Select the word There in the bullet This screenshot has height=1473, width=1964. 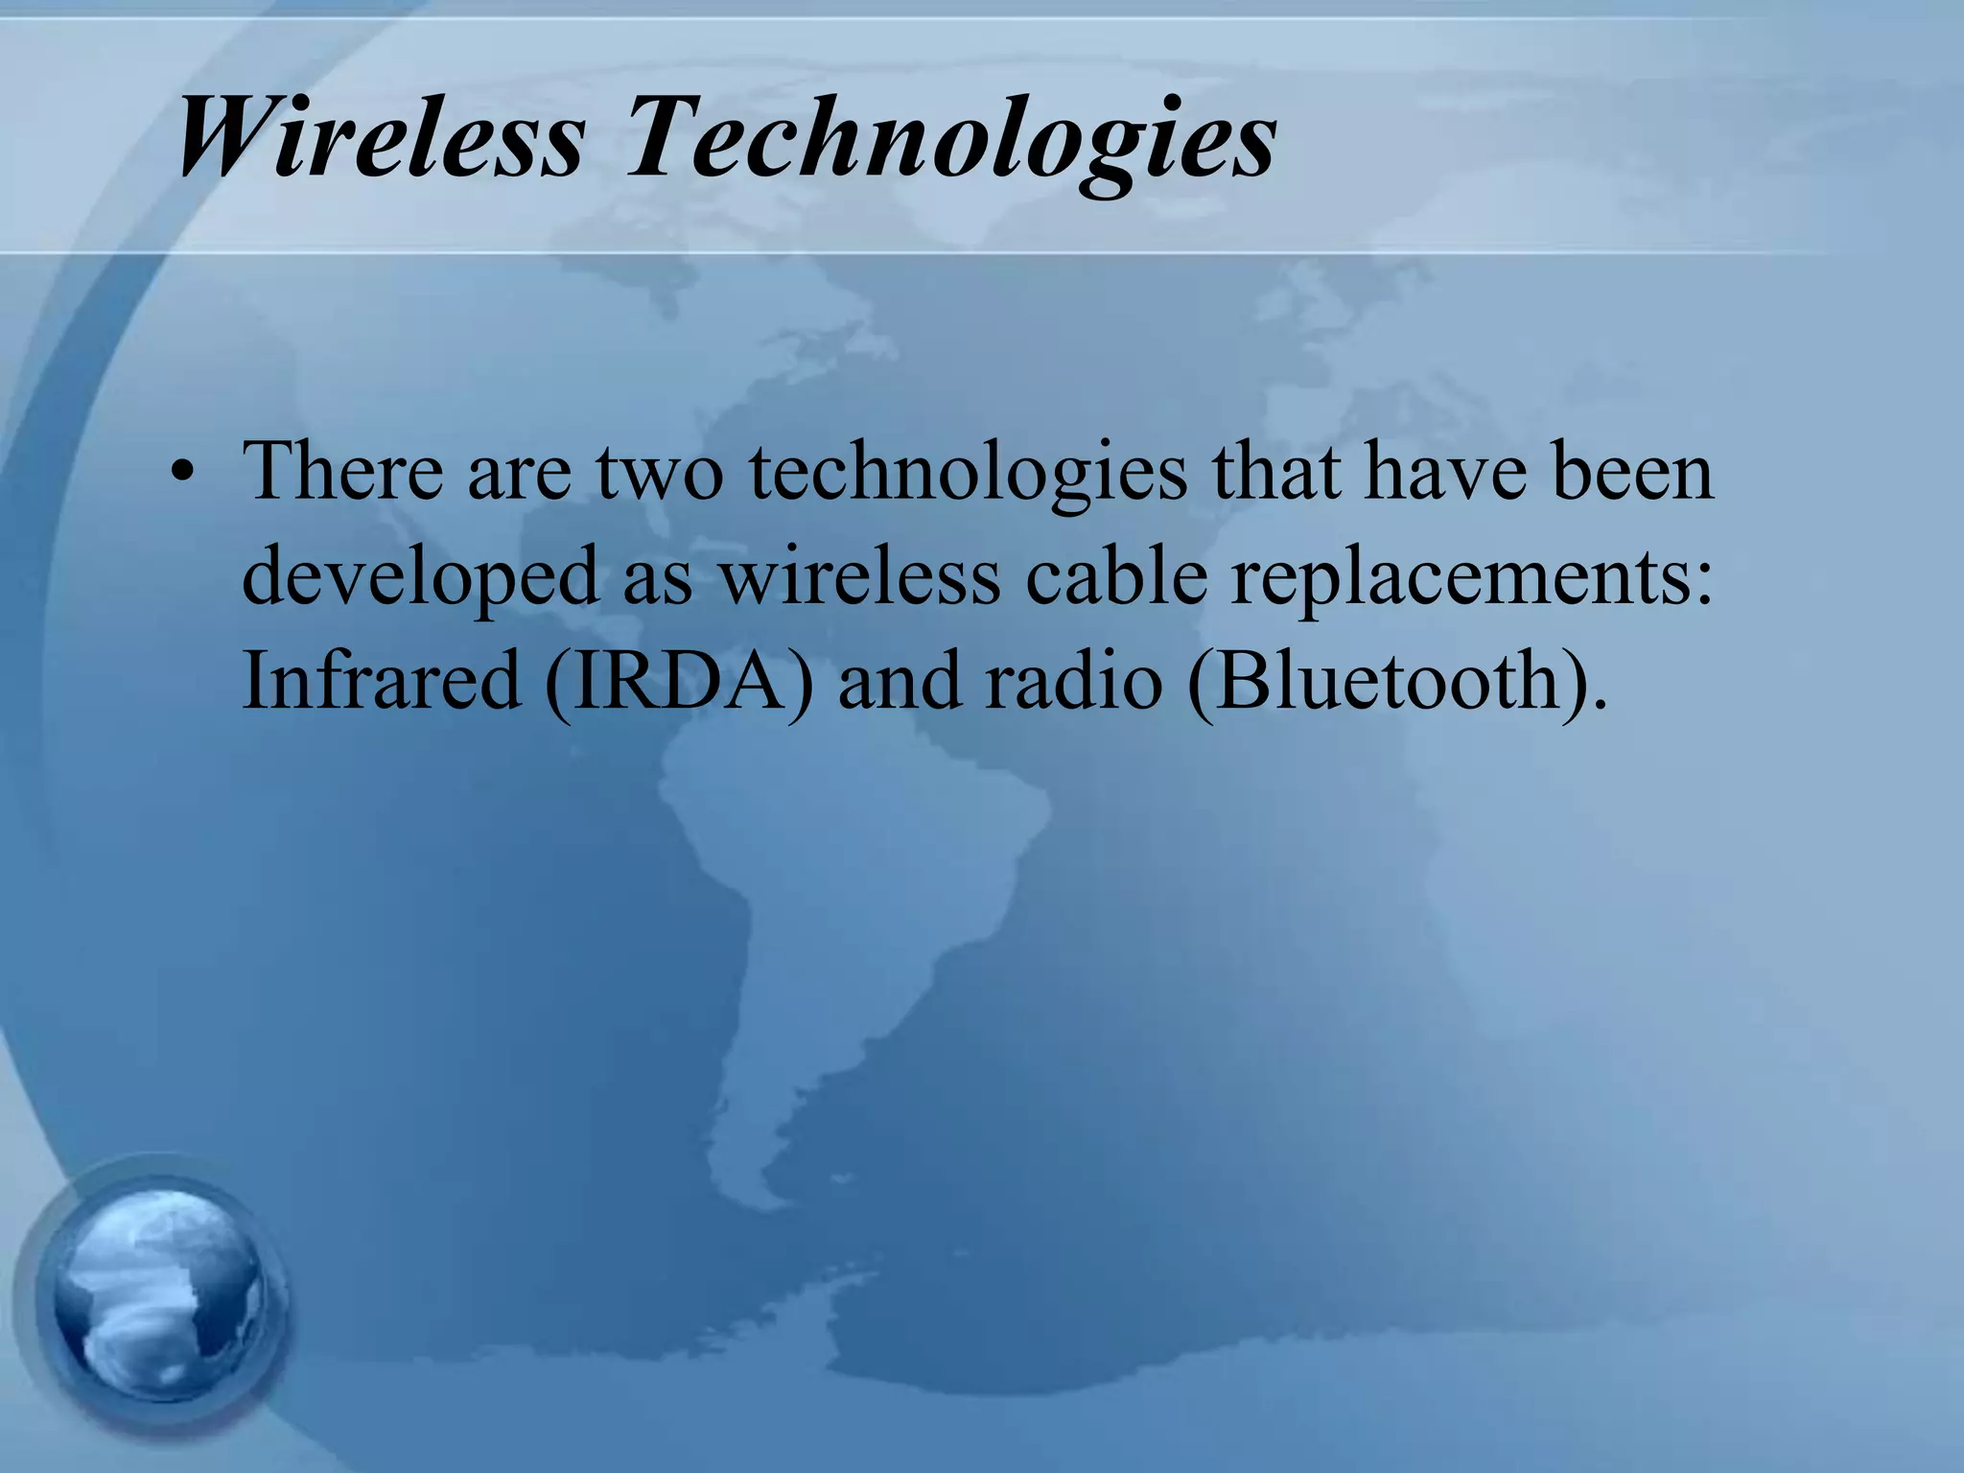pyautogui.click(x=342, y=472)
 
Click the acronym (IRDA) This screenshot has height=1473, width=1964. pyautogui.click(x=679, y=683)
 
